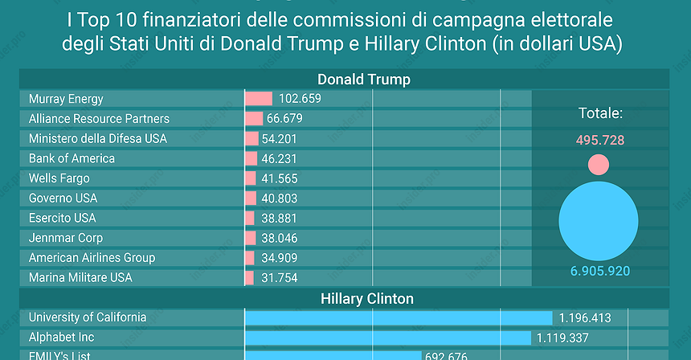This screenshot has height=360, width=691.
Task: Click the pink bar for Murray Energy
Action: point(259,99)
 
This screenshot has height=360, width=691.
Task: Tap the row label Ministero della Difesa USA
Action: point(98,138)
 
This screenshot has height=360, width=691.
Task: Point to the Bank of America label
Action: point(72,158)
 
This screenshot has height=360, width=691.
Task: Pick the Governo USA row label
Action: point(63,198)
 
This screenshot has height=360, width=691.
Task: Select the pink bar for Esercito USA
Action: point(250,218)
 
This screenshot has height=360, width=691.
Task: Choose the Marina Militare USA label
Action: point(80,277)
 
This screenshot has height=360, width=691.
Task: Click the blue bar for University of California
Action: point(399,317)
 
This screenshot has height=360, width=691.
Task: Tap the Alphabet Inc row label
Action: point(61,337)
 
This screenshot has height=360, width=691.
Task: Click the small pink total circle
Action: point(599,165)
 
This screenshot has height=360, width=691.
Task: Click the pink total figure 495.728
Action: point(600,140)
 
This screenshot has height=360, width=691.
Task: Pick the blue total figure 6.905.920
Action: point(600,272)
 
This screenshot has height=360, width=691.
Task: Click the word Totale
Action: point(600,113)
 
